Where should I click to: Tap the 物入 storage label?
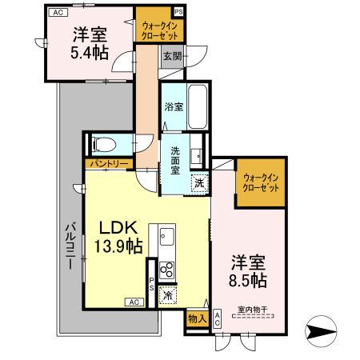coord(195,319)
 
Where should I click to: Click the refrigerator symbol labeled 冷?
coord(167,294)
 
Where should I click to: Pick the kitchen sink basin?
coord(167,237)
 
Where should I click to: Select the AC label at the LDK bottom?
coord(134,302)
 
